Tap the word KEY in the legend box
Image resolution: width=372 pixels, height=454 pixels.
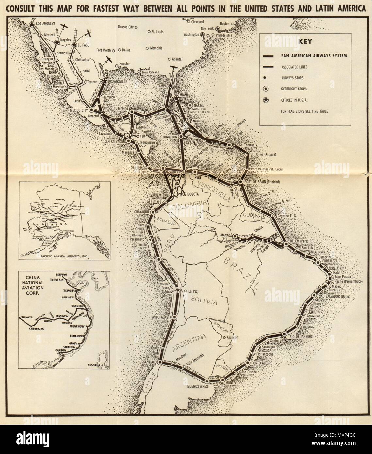[305, 41]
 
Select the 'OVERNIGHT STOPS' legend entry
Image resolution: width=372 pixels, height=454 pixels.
[293, 89]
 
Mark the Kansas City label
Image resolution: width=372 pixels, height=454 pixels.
[127, 27]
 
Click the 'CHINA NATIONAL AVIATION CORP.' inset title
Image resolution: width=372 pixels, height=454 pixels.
[32, 284]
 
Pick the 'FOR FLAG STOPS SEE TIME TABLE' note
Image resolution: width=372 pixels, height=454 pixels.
[304, 111]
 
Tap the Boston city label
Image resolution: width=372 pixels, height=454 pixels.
[225, 24]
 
